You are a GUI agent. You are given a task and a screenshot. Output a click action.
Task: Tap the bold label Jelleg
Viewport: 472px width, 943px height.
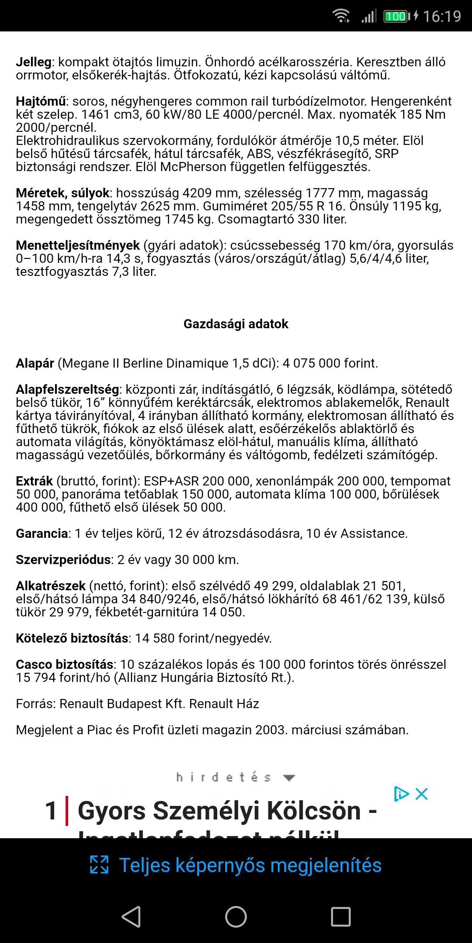click(x=34, y=62)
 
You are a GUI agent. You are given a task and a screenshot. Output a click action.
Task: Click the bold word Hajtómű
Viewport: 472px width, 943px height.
click(x=41, y=101)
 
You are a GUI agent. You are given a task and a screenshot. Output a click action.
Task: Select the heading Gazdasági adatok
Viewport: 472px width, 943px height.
click(x=236, y=324)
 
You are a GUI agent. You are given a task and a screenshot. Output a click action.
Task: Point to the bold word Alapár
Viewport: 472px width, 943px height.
click(x=35, y=363)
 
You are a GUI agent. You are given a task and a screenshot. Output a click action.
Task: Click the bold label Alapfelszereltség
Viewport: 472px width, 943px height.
click(x=68, y=389)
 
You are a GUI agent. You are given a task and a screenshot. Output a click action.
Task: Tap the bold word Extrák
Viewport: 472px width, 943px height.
click(x=34, y=481)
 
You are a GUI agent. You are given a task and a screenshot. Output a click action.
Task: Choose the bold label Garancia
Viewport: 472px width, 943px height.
click(x=42, y=533)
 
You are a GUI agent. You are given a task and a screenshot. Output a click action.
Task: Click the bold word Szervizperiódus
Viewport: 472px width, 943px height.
click(x=63, y=560)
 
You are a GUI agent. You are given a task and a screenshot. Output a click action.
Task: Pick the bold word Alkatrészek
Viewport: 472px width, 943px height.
click(x=51, y=586)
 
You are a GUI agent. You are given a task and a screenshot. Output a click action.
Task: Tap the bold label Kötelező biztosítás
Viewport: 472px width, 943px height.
click(x=72, y=638)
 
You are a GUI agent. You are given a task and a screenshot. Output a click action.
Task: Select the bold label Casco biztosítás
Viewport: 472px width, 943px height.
click(x=65, y=664)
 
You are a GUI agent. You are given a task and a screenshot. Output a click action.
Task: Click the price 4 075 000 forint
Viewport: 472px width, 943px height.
click(x=330, y=363)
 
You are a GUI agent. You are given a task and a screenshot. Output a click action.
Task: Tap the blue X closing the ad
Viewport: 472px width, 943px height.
click(x=421, y=794)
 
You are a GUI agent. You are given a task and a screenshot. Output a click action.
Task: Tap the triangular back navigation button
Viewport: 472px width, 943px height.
click(x=131, y=916)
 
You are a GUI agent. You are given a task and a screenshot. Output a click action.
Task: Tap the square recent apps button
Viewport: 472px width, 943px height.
click(x=341, y=916)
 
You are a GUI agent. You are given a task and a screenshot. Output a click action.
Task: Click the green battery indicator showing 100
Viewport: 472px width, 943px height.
click(x=396, y=17)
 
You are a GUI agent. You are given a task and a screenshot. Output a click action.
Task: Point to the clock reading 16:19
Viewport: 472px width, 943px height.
click(x=442, y=17)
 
